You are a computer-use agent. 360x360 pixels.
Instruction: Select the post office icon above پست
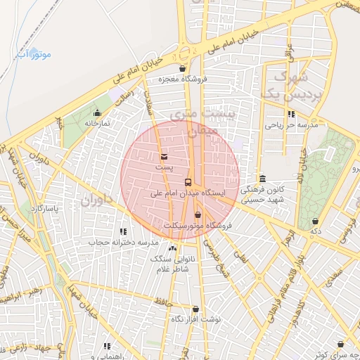[164, 157]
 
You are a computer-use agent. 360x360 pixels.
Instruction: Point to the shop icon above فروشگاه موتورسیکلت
[198, 215]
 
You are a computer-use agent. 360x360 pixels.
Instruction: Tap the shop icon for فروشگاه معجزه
[183, 69]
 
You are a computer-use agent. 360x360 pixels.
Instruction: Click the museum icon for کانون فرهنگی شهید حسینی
[262, 179]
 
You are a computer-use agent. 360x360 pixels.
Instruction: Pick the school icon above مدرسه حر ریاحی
[291, 114]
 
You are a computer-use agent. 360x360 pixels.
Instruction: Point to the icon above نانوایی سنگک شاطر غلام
[172, 248]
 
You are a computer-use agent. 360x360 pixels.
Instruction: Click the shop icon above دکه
[315, 221]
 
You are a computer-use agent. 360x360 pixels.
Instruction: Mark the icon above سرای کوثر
[340, 344]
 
